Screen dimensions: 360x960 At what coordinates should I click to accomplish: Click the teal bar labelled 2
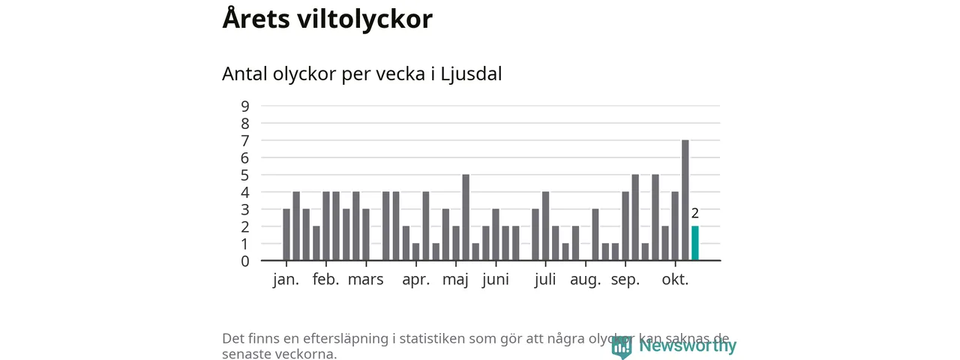[694, 244]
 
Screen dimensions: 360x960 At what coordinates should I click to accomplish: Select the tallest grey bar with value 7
[685, 200]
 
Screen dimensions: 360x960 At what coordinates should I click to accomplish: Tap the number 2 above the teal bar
[695, 214]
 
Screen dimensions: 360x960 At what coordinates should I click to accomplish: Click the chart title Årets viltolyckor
[327, 19]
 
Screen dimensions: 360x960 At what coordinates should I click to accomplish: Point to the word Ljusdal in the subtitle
[470, 74]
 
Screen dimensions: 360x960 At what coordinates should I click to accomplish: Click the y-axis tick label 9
[245, 106]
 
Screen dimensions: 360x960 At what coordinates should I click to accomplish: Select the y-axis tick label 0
[245, 261]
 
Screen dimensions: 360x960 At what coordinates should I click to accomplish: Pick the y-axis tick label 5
[245, 175]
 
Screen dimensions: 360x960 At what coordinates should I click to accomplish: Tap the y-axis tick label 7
[245, 140]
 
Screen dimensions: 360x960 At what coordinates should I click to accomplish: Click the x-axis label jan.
[286, 280]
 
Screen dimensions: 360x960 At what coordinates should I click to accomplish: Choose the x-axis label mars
[365, 280]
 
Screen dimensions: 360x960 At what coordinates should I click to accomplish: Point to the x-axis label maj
[455, 280]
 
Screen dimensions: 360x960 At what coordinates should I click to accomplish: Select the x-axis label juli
[545, 280]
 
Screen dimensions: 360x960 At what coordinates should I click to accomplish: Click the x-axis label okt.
[675, 280]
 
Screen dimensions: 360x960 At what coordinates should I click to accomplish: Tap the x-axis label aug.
[585, 280]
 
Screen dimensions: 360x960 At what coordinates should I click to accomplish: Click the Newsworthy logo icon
[621, 346]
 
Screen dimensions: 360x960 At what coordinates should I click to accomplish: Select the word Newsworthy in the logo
[687, 346]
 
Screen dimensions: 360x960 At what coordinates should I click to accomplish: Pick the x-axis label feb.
[325, 280]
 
